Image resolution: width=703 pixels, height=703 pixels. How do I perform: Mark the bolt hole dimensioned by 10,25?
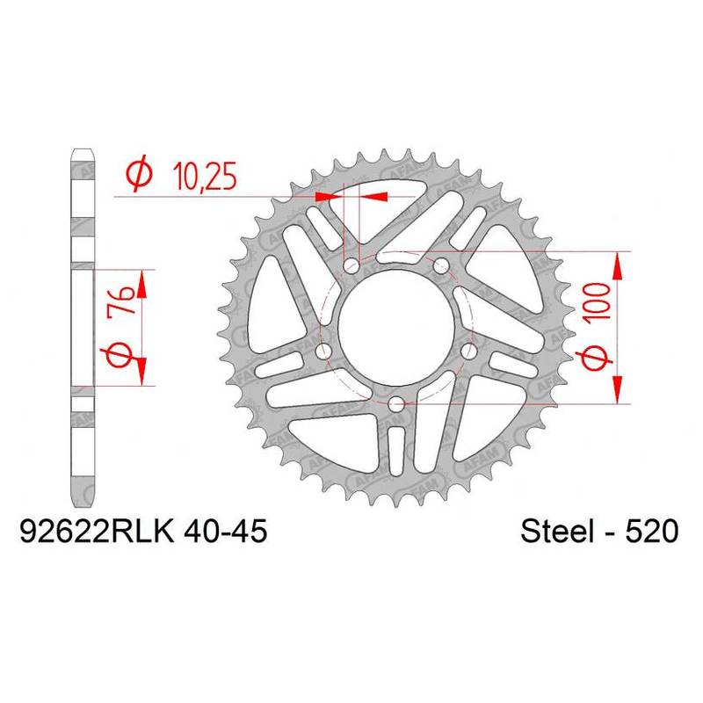coord(351,264)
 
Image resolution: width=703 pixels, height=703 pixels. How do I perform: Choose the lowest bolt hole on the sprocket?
coord(396,405)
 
